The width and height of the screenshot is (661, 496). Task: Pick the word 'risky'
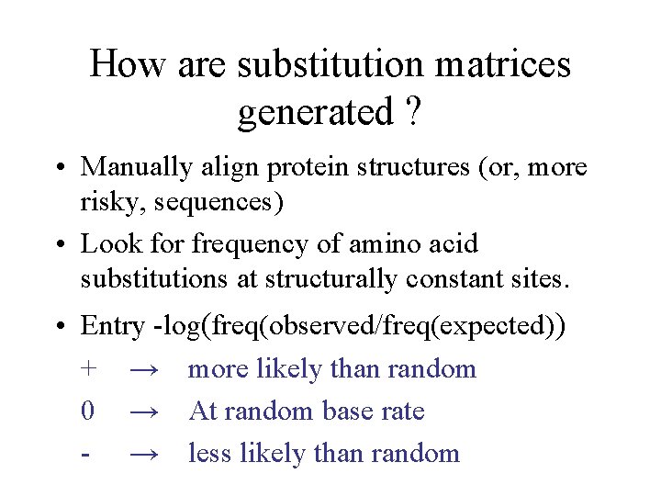105,202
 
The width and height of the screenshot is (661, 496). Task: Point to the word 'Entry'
113,327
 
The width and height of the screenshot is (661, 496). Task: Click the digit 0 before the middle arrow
87,411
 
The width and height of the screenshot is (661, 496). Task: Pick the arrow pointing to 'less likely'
147,454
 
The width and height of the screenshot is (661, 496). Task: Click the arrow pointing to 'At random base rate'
147,411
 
